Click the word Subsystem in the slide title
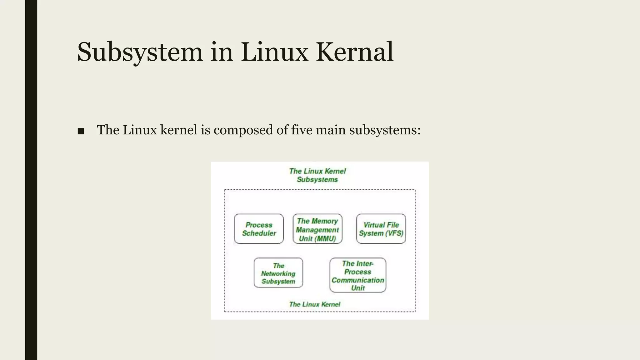pos(140,52)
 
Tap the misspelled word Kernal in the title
pos(354,52)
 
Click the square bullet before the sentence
pos(81,131)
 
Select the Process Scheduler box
pos(259,229)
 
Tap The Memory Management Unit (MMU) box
pos(317,229)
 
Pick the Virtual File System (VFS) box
pos(381,229)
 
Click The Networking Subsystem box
pos(278,273)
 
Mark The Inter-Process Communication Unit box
pos(357,275)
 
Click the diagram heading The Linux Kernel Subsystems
pos(317,175)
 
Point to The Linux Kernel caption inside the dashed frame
pos(314,304)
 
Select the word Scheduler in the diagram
pos(259,233)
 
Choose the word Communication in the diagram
pos(357,280)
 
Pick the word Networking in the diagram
pos(278,273)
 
